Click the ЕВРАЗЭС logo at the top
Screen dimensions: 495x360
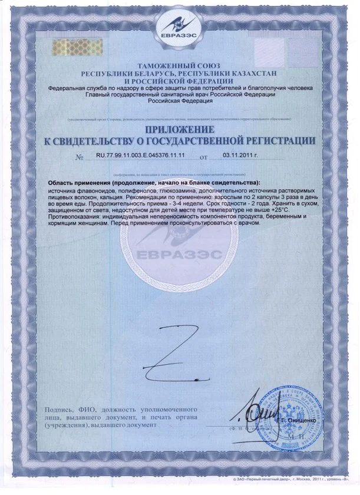(179, 29)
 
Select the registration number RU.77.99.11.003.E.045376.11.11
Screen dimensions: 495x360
(140, 157)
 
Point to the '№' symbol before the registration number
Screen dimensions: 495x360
(80, 158)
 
